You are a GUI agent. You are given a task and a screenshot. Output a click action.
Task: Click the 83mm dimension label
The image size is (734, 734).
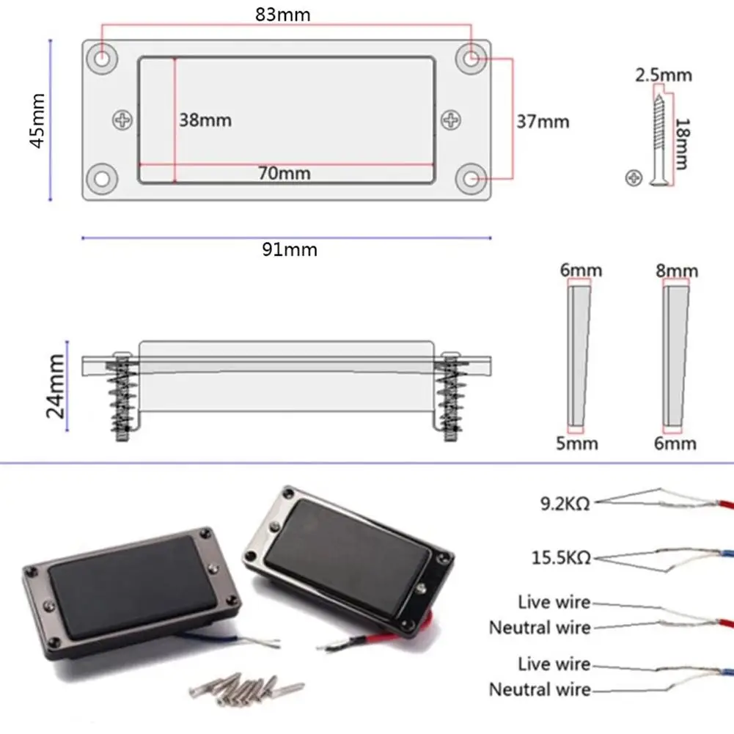pos(283,14)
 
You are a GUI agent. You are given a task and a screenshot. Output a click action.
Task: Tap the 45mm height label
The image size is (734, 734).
pos(37,120)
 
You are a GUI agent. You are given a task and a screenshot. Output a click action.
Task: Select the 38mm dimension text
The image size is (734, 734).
pos(205,120)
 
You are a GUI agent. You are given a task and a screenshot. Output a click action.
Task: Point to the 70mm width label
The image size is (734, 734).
pos(284,173)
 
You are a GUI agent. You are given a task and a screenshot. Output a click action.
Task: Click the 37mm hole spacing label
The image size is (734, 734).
pos(543,122)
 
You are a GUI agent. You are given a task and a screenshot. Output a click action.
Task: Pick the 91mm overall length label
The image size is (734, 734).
pos(290,249)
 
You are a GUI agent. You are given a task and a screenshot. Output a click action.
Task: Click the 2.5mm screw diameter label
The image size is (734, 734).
pos(663,75)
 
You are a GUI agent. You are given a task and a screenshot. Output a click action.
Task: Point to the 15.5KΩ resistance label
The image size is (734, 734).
pos(562,559)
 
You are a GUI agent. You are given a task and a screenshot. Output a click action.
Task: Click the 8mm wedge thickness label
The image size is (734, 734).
pos(677,271)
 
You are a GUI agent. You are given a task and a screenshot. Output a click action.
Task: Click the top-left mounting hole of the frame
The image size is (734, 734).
pos(103,56)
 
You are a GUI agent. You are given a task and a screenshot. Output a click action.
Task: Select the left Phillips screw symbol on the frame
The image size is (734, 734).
pos(121,119)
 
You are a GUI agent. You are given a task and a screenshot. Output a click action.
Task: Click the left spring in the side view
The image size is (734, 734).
pos(122,400)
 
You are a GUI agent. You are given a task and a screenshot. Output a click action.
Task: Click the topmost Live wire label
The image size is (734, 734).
pos(554,602)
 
